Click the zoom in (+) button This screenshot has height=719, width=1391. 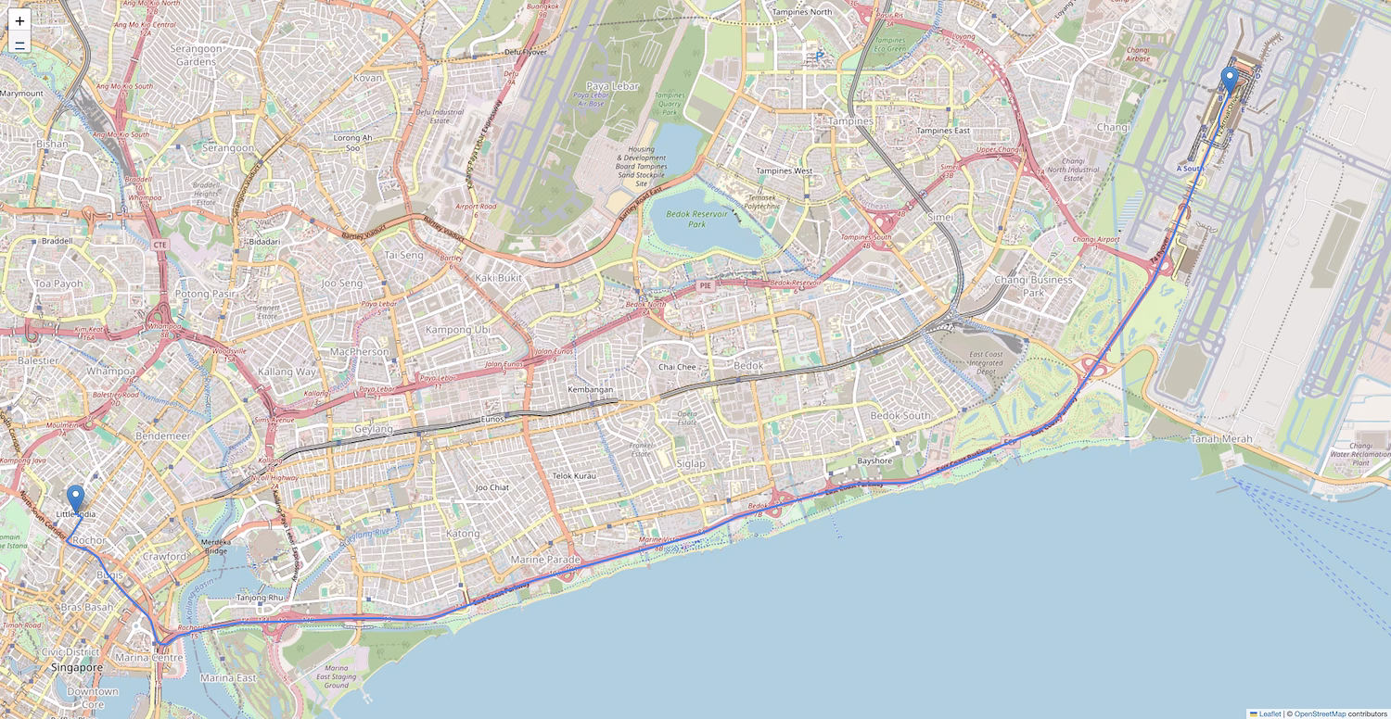pos(19,20)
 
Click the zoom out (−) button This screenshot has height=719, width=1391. pos(19,44)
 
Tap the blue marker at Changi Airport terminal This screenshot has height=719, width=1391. pos(1230,81)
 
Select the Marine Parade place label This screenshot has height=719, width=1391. pos(545,560)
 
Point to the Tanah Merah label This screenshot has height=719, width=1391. pos(1221,438)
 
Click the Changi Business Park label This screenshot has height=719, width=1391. pos(1033,286)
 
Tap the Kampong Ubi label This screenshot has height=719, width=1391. pos(457,330)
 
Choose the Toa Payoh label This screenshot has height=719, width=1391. pos(58,284)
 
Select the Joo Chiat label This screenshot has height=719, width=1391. pos(492,487)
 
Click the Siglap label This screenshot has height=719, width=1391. pos(691,463)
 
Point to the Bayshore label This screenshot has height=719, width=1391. pos(874,460)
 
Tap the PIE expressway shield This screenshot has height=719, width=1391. pos(706,286)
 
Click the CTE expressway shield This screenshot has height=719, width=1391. pos(160,245)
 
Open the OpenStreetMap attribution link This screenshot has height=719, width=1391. pos(1320,713)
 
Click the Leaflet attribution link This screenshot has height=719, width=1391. pos(1270,713)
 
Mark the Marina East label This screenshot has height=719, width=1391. pos(228,678)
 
